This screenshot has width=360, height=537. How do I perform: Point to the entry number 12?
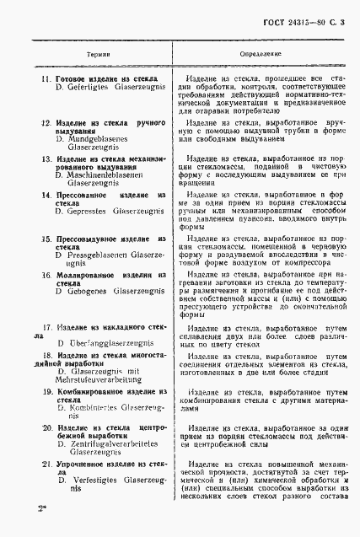(x=47, y=123)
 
